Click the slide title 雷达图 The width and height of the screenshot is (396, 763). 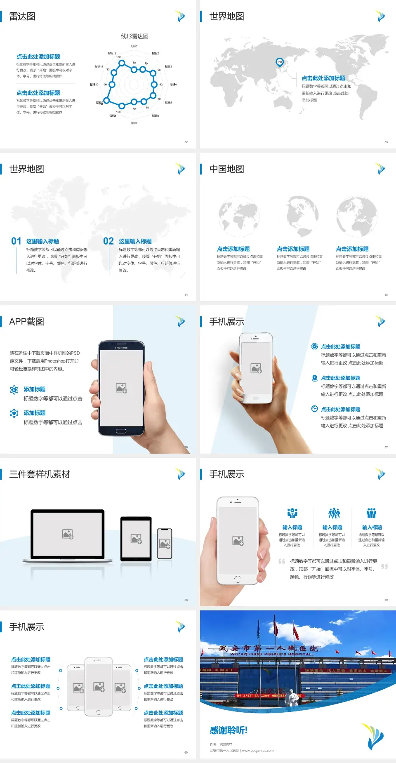(22, 16)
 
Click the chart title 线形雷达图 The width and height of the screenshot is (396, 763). (134, 36)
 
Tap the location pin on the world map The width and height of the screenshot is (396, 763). (279, 62)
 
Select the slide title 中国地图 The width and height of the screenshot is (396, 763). (226, 169)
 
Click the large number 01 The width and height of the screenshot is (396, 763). (16, 241)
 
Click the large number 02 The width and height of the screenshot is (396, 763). (108, 241)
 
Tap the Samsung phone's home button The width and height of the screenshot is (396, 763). (121, 431)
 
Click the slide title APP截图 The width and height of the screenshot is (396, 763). (26, 322)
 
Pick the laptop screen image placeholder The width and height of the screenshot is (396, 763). (68, 534)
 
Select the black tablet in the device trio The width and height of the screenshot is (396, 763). (136, 538)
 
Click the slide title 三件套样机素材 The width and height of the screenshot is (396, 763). (40, 474)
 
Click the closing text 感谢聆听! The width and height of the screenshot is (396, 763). (229, 730)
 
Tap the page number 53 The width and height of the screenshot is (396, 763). (386, 142)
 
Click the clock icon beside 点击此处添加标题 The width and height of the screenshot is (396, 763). (314, 409)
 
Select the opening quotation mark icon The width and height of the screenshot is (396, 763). (282, 561)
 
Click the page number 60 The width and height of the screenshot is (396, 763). (186, 753)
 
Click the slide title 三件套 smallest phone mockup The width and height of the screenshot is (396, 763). (165, 544)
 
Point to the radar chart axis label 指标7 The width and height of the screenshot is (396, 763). (134, 123)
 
